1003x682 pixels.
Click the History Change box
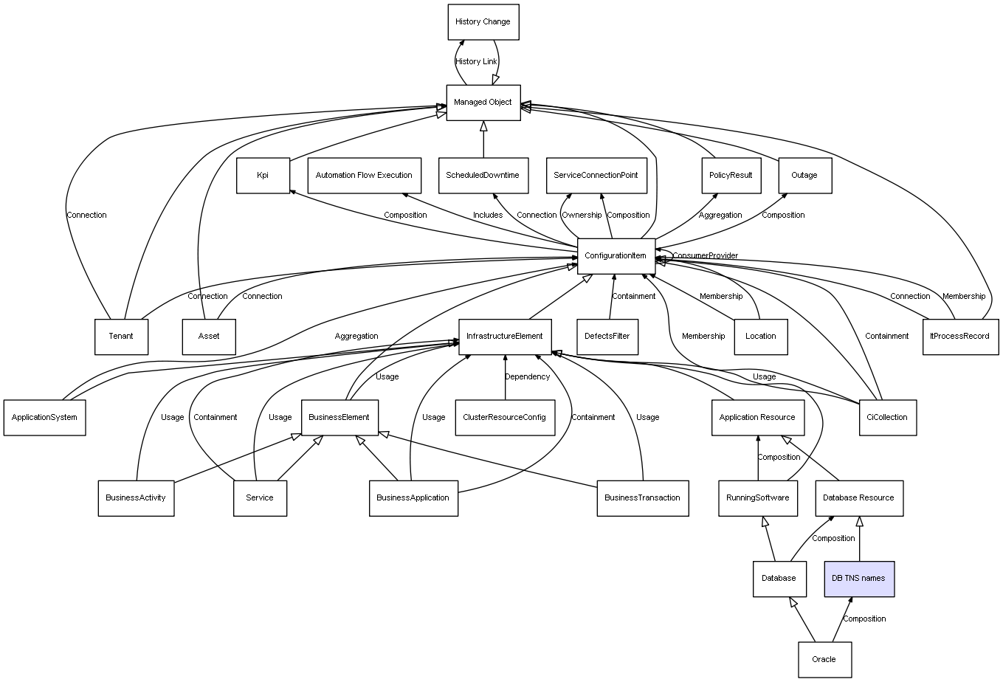coord(483,22)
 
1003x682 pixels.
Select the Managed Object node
coord(483,103)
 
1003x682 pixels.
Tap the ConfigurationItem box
coord(616,256)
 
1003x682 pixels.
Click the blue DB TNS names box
coord(858,578)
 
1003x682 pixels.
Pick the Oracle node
coord(824,659)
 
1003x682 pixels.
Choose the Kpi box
coord(263,176)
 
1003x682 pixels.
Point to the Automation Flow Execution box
coord(364,176)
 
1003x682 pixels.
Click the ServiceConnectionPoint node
coord(596,176)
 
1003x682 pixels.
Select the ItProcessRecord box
coord(959,337)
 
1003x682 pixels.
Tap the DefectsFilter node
coord(607,337)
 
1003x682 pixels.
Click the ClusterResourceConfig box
coord(504,417)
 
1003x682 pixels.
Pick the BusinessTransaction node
coord(642,497)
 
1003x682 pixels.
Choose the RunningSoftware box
coord(758,497)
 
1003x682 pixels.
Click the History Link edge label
coord(476,62)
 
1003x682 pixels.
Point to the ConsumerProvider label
coord(705,256)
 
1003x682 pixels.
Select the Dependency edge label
coord(527,377)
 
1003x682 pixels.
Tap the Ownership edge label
coord(582,216)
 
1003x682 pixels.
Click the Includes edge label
coord(488,216)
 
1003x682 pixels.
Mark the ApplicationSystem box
coord(44,417)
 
